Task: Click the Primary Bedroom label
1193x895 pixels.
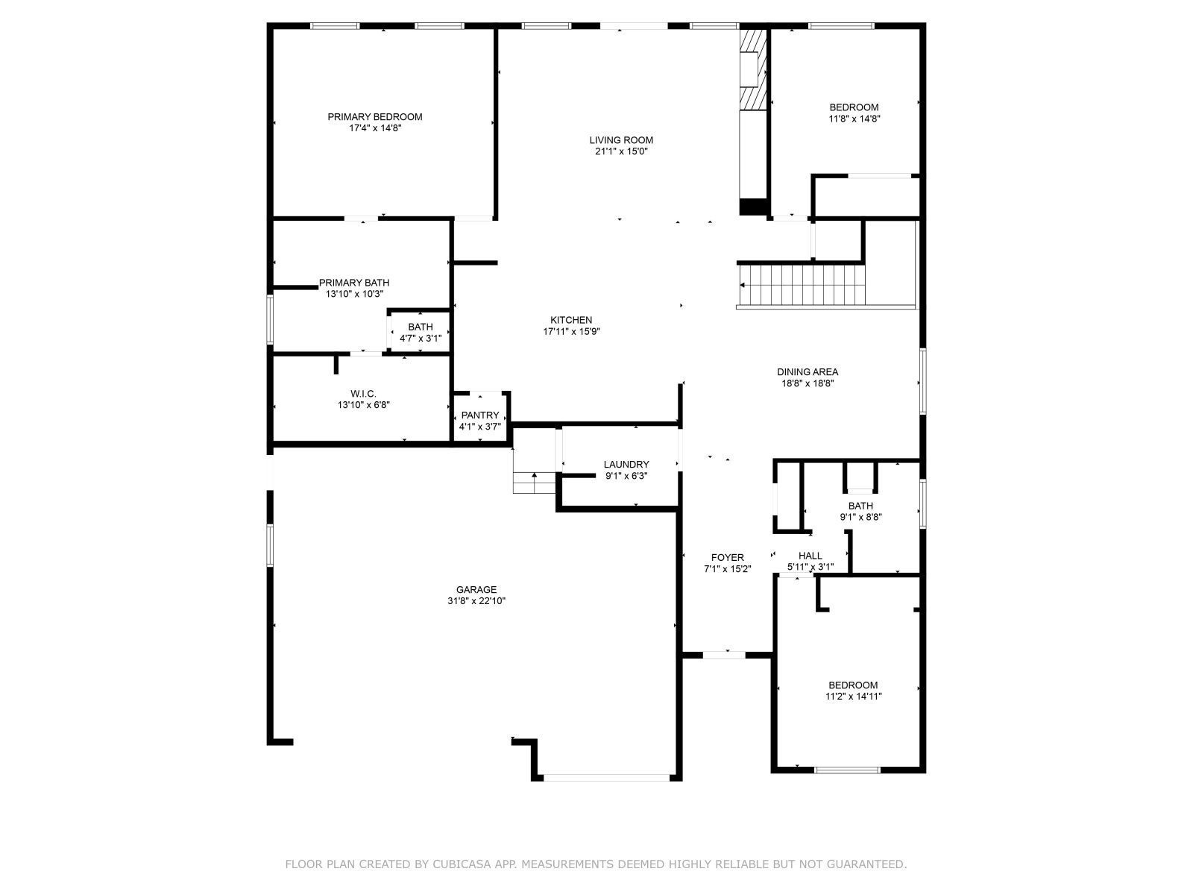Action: (374, 117)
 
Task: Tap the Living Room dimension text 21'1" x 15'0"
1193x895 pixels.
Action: (621, 151)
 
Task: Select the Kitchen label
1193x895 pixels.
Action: (571, 320)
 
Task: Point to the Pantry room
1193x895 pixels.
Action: (480, 420)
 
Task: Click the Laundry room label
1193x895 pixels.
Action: (626, 465)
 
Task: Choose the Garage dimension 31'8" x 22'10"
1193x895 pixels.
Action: (476, 601)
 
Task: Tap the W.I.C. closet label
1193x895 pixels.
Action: (363, 394)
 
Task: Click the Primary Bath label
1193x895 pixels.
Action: (354, 283)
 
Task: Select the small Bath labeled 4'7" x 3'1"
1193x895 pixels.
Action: (421, 332)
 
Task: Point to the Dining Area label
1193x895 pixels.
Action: (808, 372)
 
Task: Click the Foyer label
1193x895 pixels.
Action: (727, 557)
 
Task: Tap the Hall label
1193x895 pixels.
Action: (810, 556)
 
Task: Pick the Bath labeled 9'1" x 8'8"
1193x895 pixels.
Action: (860, 511)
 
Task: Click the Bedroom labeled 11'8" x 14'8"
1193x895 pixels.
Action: (854, 113)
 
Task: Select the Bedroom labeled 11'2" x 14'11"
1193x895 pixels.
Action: (853, 691)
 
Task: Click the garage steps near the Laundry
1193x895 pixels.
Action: (535, 482)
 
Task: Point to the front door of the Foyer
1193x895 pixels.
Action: (725, 655)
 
